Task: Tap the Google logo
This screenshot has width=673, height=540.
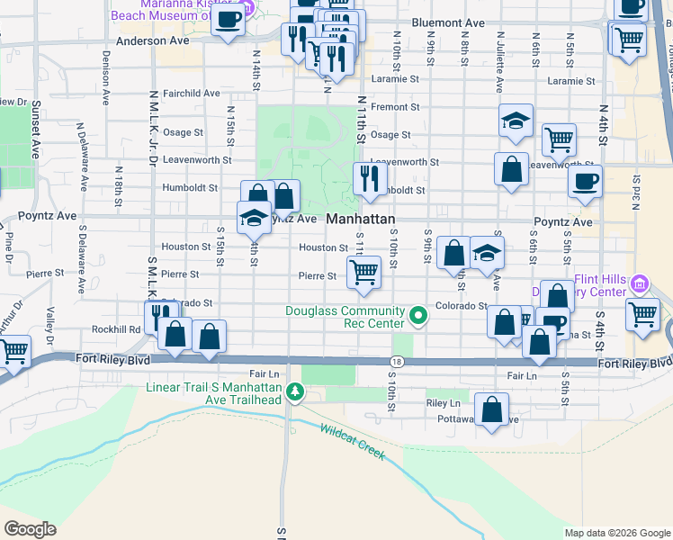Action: click(x=30, y=529)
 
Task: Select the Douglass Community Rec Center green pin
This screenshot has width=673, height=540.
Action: click(x=417, y=315)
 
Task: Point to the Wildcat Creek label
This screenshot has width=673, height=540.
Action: click(x=353, y=442)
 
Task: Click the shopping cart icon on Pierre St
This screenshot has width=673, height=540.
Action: click(x=363, y=272)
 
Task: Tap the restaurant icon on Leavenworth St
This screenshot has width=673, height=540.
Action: click(x=369, y=178)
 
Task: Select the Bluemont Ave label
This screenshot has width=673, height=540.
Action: click(x=447, y=22)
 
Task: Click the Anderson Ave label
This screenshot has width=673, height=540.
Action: click(x=153, y=40)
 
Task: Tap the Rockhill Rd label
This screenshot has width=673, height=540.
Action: click(x=121, y=329)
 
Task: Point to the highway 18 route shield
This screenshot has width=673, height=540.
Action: click(x=397, y=362)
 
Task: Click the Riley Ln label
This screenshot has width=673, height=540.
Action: click(x=443, y=404)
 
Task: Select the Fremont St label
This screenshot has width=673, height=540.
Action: click(x=395, y=107)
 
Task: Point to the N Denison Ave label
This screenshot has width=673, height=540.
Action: click(x=105, y=85)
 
